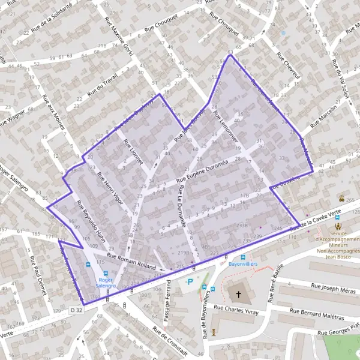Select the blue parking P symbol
pos(191,282)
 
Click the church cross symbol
pos(239,295)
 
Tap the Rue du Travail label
pos(103,83)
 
